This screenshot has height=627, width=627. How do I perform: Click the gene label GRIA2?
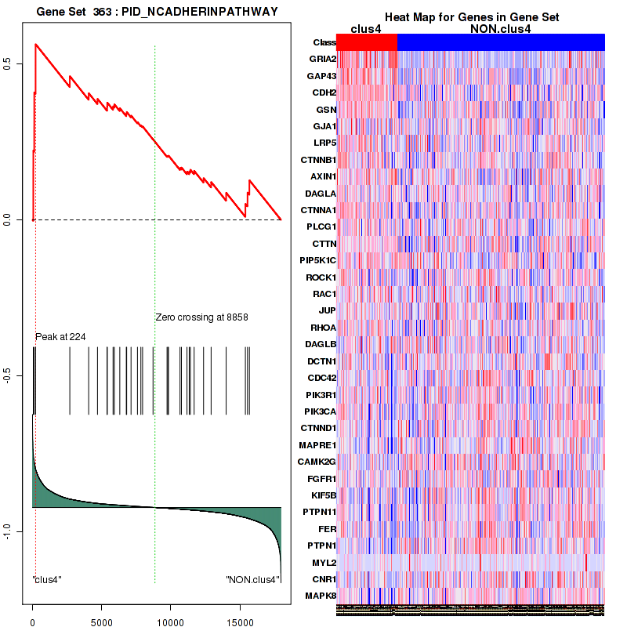click(323, 59)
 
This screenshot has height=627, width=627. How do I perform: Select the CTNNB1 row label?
click(319, 160)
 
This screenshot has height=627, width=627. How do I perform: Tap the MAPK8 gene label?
click(322, 596)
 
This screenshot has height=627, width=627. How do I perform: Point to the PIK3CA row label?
click(320, 411)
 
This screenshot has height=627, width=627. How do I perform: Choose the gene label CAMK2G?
click(318, 462)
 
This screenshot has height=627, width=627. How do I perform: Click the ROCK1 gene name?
click(321, 277)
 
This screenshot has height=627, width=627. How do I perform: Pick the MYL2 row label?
click(324, 563)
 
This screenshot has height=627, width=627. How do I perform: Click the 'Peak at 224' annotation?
click(60, 337)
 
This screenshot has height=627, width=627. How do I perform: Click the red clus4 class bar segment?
click(367, 42)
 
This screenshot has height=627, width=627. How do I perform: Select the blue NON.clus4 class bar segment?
click(501, 42)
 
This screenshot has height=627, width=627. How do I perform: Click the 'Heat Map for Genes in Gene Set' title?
click(470, 17)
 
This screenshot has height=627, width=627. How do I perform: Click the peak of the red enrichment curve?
click(35, 44)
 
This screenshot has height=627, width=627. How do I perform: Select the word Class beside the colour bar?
click(324, 42)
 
